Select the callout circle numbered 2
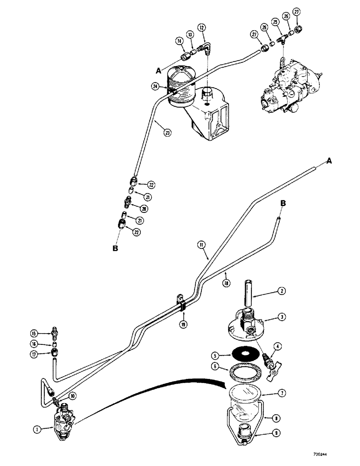[x=281, y=292]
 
